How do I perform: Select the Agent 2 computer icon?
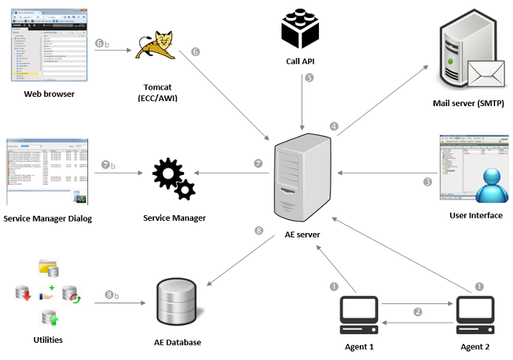coord(475,312)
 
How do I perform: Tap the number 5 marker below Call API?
coord(310,77)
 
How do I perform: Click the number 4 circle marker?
coord(334,125)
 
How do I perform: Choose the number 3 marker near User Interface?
coord(428,181)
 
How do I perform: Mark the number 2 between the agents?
coord(418,312)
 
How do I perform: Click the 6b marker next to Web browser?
coord(102,43)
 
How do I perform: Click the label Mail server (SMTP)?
coord(469,104)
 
